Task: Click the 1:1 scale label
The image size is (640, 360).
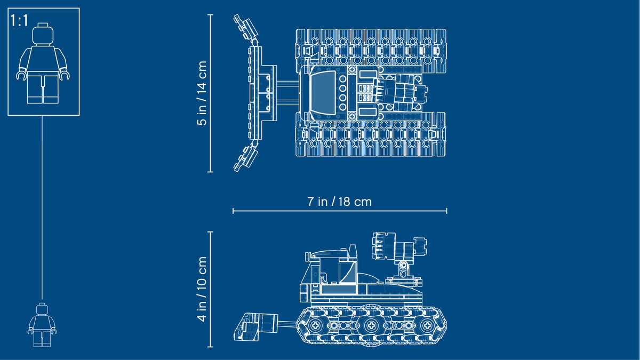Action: click(x=19, y=21)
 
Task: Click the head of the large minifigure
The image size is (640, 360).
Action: click(x=43, y=34)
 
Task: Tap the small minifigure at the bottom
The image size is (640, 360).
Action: click(x=42, y=325)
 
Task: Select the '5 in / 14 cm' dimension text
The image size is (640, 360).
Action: click(x=202, y=93)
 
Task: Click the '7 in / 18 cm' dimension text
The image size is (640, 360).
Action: click(x=339, y=202)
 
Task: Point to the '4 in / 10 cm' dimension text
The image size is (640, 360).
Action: click(x=202, y=289)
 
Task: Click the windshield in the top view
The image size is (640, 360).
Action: click(x=323, y=93)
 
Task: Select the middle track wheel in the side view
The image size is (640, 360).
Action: click(x=371, y=325)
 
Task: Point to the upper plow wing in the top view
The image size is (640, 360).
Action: click(x=246, y=27)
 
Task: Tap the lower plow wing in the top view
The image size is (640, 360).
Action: click(x=246, y=159)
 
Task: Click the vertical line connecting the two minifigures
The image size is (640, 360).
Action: click(x=42, y=207)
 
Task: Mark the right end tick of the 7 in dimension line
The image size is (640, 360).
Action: click(x=446, y=211)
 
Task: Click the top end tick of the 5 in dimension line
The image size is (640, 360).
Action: click(x=210, y=14)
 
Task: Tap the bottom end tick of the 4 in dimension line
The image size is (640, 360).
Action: click(x=210, y=347)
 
